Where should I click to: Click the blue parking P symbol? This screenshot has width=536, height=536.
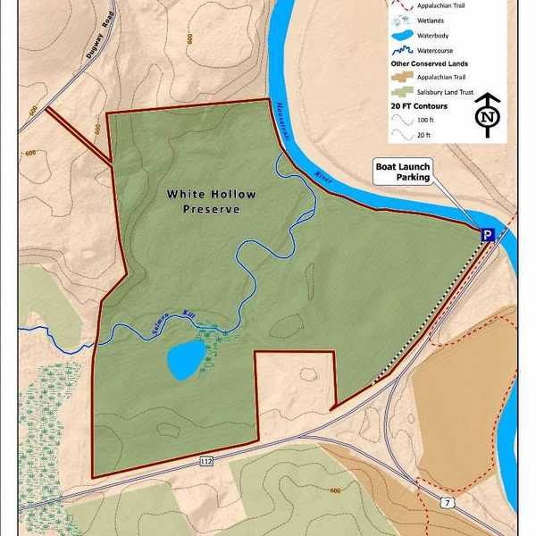(x=488, y=235)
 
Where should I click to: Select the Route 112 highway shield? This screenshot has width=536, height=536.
(x=207, y=461)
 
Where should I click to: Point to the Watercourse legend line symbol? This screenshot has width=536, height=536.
(x=402, y=50)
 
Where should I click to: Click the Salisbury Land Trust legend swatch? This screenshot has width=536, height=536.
(x=401, y=93)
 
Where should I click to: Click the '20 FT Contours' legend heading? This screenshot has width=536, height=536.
(x=420, y=106)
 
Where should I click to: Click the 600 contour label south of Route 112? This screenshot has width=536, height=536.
(x=336, y=490)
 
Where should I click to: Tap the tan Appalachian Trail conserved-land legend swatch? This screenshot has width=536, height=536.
(x=401, y=78)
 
